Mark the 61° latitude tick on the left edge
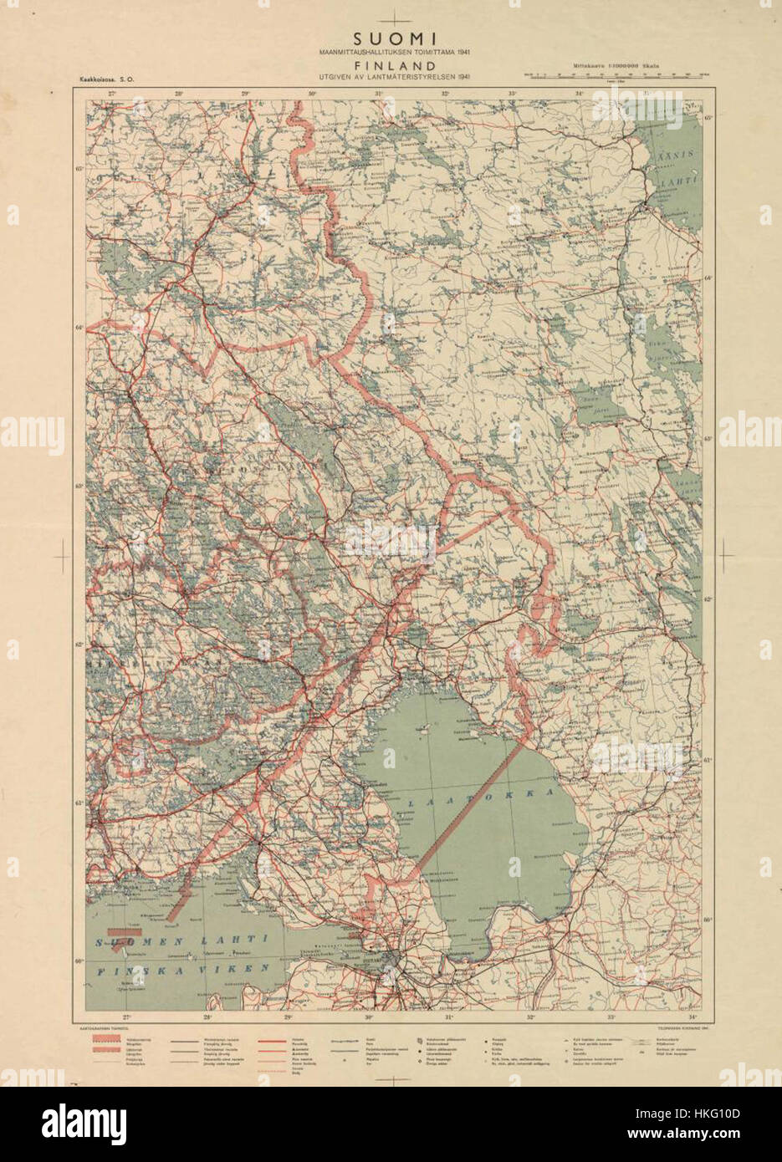click(79, 803)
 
